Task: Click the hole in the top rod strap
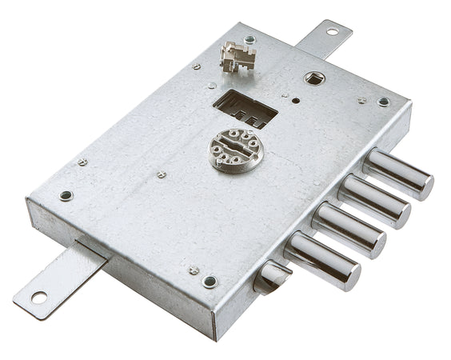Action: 332,32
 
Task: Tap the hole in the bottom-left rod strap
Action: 38,298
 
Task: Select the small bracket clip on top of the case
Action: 238,55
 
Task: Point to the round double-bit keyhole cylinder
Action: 233,150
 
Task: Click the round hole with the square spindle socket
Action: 314,78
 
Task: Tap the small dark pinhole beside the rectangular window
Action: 295,102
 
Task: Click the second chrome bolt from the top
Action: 373,201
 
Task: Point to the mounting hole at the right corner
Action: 384,102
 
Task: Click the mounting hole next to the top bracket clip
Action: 249,39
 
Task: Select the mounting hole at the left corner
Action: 66,195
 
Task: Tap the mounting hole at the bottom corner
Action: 210,282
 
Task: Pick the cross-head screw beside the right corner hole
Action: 362,101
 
